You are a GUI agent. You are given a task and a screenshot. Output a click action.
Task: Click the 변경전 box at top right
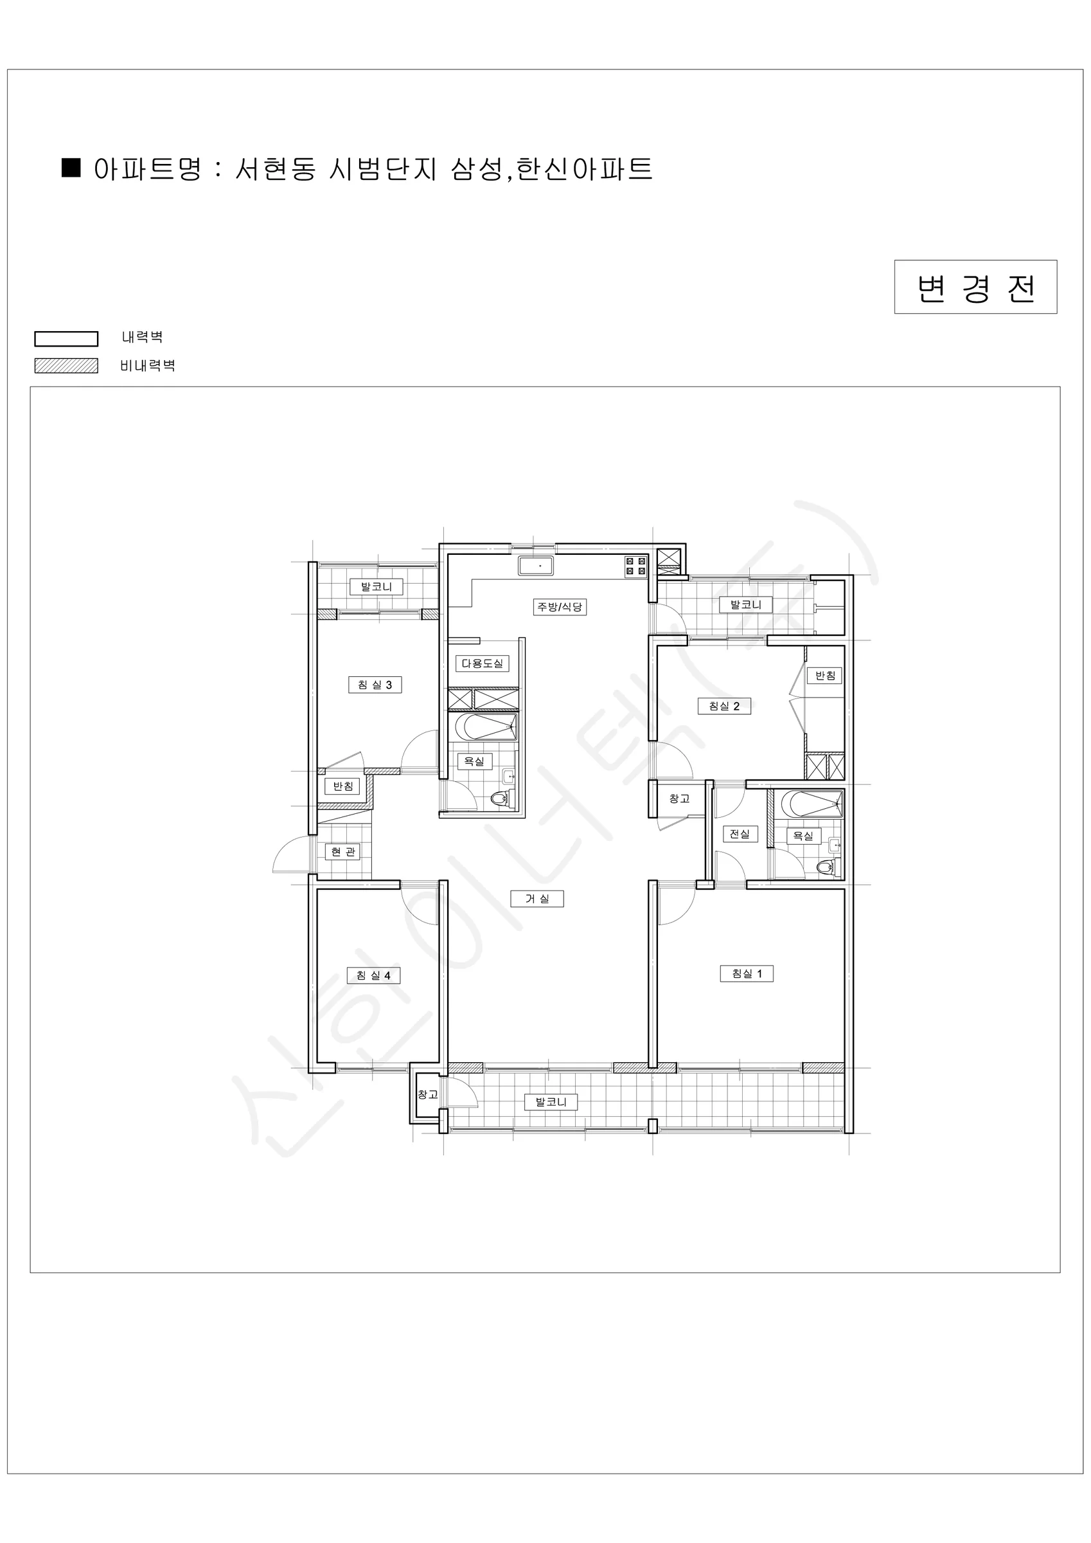coord(975,287)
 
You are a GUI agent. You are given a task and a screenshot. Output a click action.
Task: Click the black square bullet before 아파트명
coord(71,167)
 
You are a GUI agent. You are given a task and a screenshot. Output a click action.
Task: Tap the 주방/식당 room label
coord(560,607)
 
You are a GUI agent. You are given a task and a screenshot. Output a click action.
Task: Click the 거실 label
coord(537,899)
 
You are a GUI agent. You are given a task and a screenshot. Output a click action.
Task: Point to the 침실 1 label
coord(747,974)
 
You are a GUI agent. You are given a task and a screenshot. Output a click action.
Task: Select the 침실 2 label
coord(724,707)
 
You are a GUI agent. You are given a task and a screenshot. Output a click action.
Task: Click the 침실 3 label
coord(375,685)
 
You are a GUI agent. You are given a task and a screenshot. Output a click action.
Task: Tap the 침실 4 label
coord(373,976)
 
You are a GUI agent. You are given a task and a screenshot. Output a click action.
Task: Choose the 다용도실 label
coord(483,663)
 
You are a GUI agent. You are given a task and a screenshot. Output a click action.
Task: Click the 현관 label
coord(343,852)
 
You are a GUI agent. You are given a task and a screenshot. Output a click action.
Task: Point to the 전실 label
coord(740,834)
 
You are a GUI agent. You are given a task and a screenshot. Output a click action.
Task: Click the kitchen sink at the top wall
coord(535,565)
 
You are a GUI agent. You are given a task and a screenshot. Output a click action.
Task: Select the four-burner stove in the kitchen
coord(635,566)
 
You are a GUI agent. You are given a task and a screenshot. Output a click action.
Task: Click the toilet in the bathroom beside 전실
coord(827,867)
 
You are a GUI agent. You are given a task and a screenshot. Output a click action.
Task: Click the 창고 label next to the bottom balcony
coord(428,1094)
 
